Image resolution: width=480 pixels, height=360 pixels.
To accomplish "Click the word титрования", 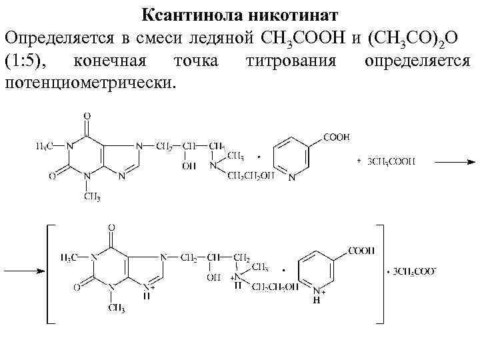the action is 291,62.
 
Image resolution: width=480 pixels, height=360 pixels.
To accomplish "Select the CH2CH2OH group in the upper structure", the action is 251,176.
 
